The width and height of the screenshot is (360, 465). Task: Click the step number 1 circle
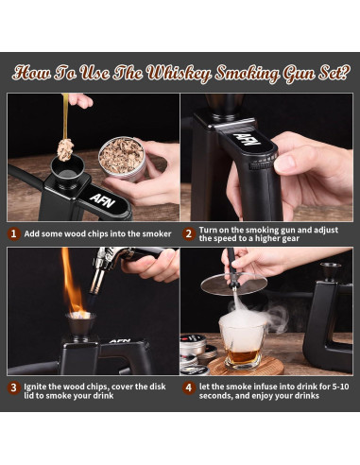point(13,233)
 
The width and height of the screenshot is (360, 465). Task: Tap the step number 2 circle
point(188,234)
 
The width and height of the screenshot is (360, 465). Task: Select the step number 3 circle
point(13,387)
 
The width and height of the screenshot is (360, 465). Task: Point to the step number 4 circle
point(188,387)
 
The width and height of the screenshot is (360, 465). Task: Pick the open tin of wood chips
point(122,159)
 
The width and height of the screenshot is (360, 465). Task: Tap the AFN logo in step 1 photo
point(102,200)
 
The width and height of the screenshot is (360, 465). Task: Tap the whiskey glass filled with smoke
point(243,342)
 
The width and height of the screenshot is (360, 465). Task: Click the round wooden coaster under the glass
point(246,366)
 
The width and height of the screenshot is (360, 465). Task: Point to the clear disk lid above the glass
point(234,284)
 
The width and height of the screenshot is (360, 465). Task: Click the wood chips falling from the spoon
point(65,149)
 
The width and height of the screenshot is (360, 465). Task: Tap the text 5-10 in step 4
point(340,387)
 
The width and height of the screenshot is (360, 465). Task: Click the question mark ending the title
point(344,74)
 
